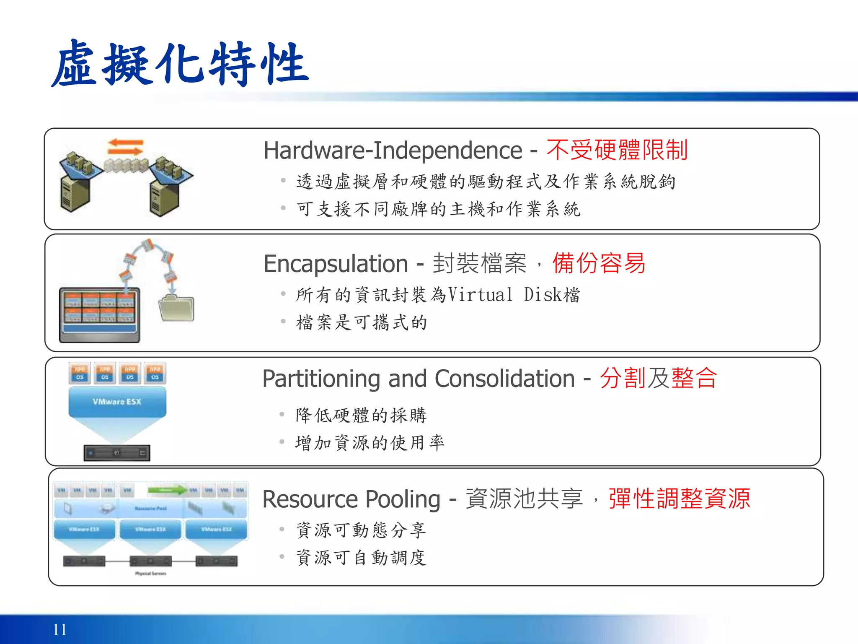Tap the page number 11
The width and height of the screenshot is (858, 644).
pyautogui.click(x=59, y=629)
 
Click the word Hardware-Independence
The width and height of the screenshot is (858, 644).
pyautogui.click(x=393, y=151)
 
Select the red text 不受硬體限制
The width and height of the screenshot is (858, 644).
pyautogui.click(x=617, y=150)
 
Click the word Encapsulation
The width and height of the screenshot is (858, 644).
pyautogui.click(x=336, y=264)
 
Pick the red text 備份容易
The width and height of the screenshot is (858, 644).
pyautogui.click(x=599, y=263)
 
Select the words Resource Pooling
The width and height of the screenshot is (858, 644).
pyautogui.click(x=351, y=499)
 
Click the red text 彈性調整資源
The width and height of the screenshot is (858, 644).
pyautogui.click(x=679, y=499)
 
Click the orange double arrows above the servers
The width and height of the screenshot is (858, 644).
pyautogui.click(x=125, y=147)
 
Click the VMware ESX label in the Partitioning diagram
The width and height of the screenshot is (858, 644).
pyautogui.click(x=117, y=402)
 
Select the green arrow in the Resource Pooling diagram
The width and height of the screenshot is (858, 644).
pyautogui.click(x=167, y=490)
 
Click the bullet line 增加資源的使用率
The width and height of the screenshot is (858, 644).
pyautogui.click(x=370, y=443)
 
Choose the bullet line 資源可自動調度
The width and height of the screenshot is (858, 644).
pyautogui.click(x=361, y=558)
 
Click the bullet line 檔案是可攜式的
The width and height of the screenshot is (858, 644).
pyautogui.click(x=361, y=322)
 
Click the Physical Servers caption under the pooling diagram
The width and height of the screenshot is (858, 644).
pyautogui.click(x=150, y=574)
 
